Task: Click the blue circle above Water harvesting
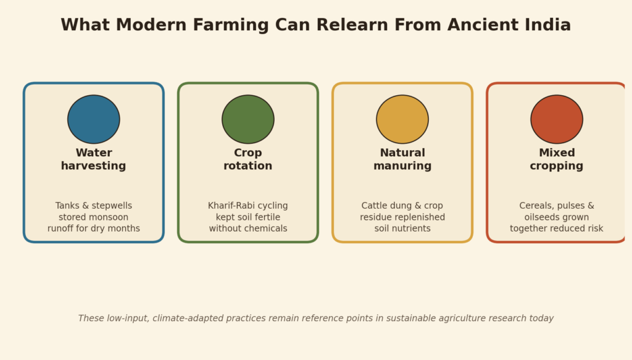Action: [x=94, y=119]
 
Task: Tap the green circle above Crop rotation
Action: [x=248, y=119]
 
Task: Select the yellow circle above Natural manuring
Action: [x=402, y=119]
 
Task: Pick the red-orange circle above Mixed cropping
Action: [x=557, y=119]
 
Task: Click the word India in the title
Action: [x=548, y=25]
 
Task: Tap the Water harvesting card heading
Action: [x=94, y=159]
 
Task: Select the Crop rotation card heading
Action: [x=248, y=159]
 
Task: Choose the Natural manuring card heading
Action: [x=402, y=159]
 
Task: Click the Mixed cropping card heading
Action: [x=557, y=159]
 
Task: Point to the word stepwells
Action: [x=111, y=206]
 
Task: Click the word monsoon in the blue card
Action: [x=110, y=217]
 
